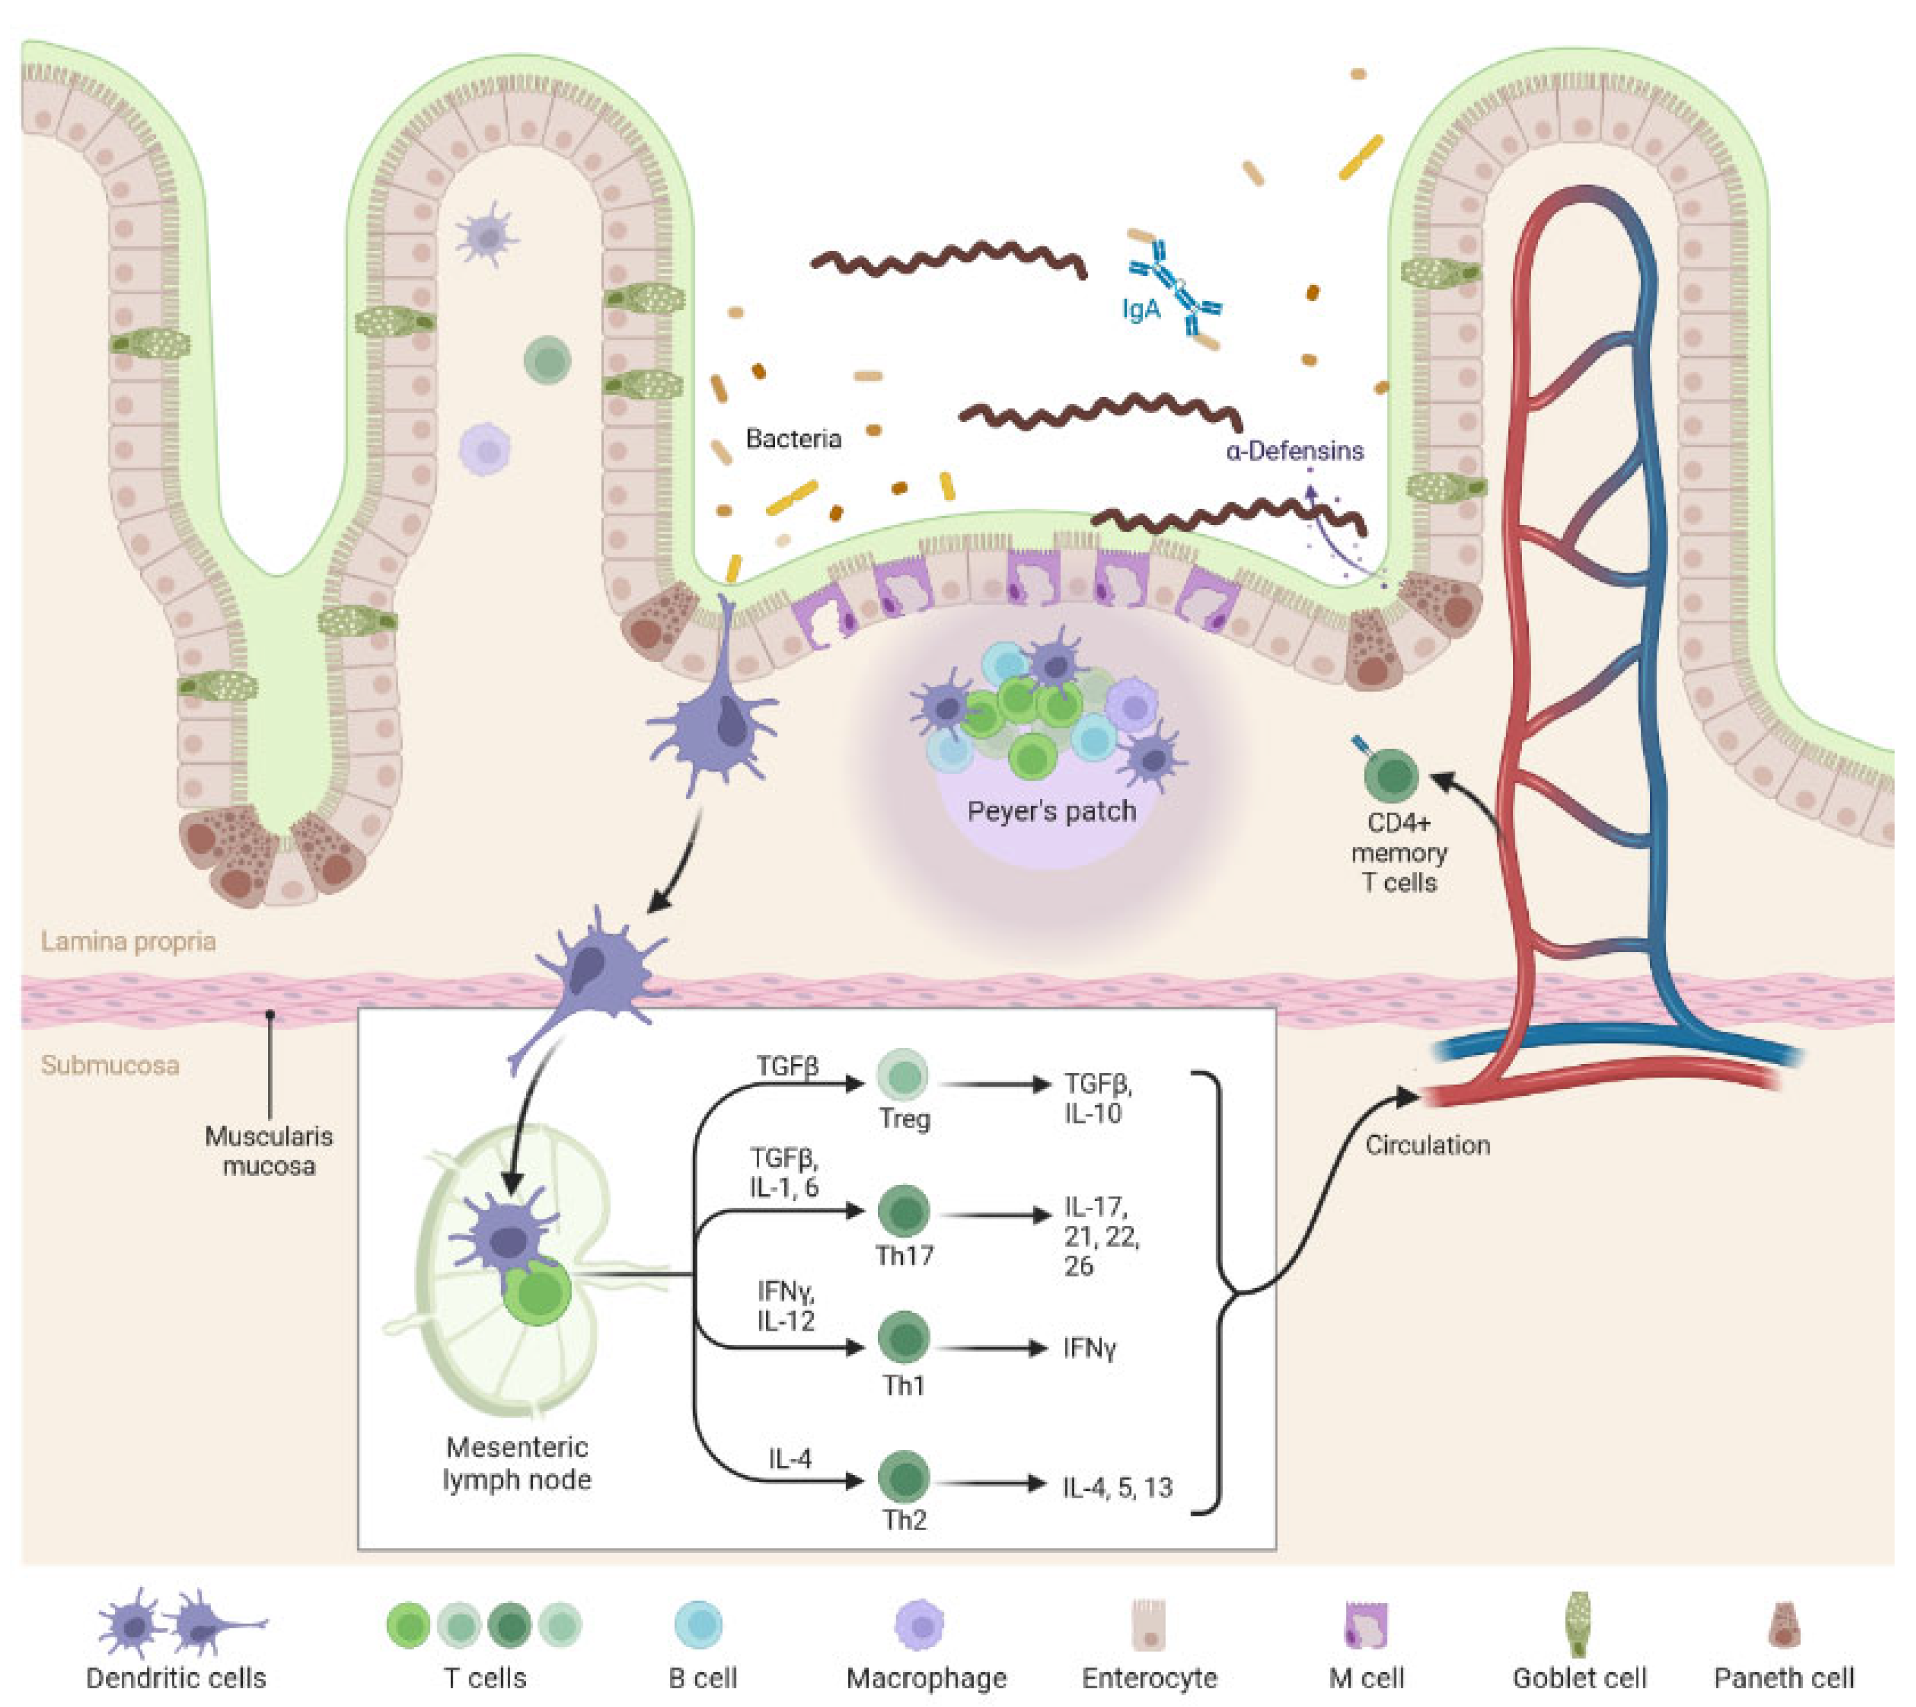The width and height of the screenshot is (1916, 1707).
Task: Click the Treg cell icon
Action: [x=902, y=1075]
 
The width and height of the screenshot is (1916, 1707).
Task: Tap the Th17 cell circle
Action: [x=904, y=1211]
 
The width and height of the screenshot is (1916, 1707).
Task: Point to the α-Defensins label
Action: [x=1294, y=451]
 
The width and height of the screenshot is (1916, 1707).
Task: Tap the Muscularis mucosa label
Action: [x=269, y=1151]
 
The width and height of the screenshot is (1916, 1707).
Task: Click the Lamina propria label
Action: [x=128, y=941]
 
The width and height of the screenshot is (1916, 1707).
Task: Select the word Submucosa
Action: [x=110, y=1065]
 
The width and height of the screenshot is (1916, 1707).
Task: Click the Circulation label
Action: [x=1427, y=1145]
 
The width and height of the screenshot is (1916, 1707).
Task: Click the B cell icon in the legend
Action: [x=700, y=1624]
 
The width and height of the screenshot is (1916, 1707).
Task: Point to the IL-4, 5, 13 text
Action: [x=1117, y=1487]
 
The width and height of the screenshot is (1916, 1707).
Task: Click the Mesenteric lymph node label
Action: [x=517, y=1463]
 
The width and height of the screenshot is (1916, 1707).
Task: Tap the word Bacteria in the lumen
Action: [x=793, y=438]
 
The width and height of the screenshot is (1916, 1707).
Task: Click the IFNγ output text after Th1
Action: [x=1089, y=1348]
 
